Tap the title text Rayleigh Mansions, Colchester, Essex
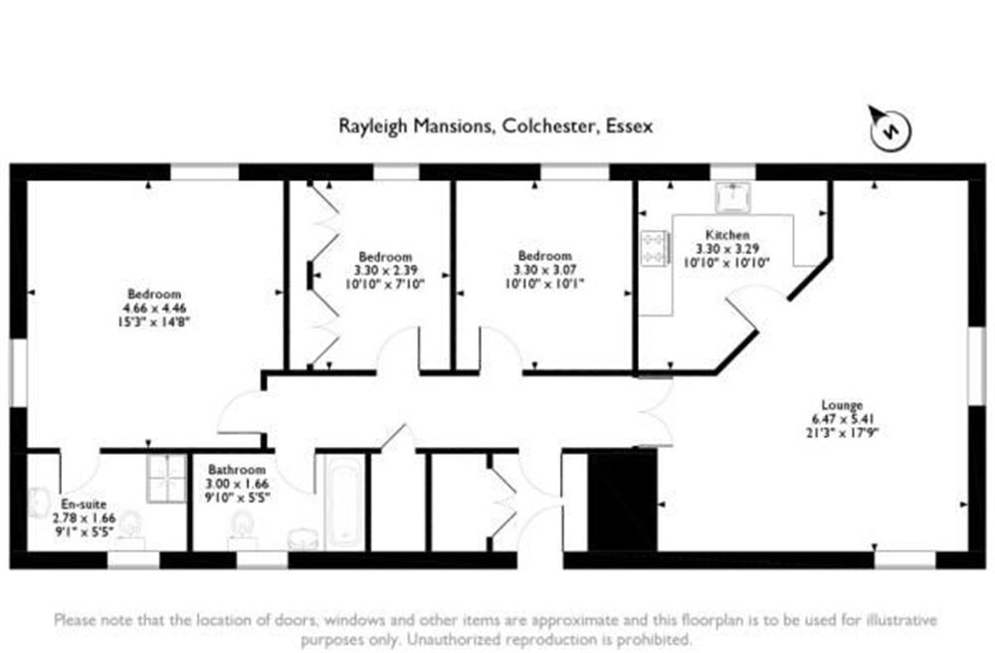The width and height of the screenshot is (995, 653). click(x=496, y=125)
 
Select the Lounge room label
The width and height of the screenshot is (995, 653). click(x=842, y=405)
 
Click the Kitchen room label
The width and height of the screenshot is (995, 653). click(x=727, y=235)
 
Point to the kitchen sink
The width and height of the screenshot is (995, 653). click(x=733, y=197)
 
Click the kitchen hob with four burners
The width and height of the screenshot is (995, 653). click(x=656, y=248)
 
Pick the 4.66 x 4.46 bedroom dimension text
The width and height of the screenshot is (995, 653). click(x=154, y=309)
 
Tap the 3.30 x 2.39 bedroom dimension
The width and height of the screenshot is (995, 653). click(x=385, y=271)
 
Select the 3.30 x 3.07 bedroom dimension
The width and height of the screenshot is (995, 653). click(x=545, y=270)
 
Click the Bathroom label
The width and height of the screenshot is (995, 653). click(x=237, y=470)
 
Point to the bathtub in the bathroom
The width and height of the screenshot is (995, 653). click(x=344, y=503)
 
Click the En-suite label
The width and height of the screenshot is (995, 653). click(x=84, y=505)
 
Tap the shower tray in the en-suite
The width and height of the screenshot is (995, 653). click(x=166, y=479)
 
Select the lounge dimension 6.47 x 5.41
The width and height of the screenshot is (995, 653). click(x=843, y=419)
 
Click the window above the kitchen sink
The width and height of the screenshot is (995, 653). click(x=733, y=172)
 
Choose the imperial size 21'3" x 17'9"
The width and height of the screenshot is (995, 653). click(x=842, y=433)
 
